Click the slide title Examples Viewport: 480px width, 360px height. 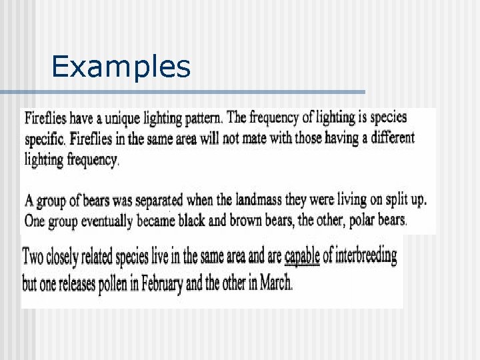click(121, 67)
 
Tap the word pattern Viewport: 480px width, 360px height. click(200, 119)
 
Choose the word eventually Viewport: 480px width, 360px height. click(110, 220)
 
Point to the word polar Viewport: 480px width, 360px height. click(355, 220)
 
